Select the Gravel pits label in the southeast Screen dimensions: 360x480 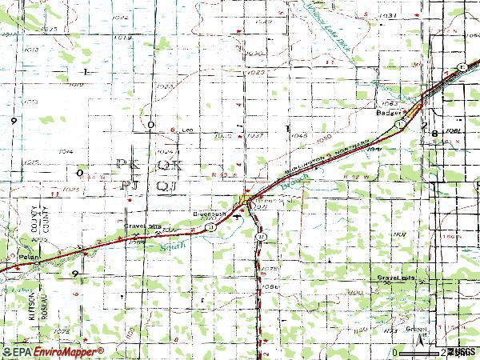397,277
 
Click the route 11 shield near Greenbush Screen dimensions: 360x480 210,227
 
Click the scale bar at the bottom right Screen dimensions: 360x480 420,353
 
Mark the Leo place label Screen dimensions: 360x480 189,130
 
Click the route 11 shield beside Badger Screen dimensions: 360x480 397,126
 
